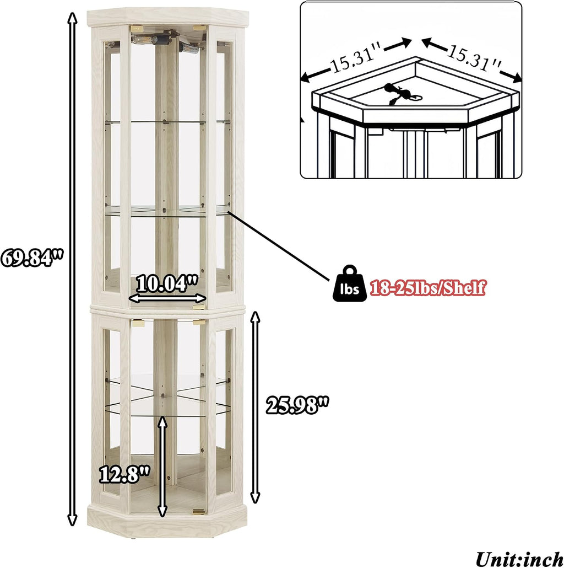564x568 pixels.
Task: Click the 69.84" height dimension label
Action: pyautogui.click(x=32, y=258)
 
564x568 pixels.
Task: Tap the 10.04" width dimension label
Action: pyautogui.click(x=167, y=283)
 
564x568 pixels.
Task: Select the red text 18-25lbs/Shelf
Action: pyautogui.click(x=427, y=288)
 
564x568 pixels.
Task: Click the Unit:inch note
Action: pyautogui.click(x=519, y=558)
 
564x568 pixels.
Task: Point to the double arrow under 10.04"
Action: pyautogui.click(x=167, y=298)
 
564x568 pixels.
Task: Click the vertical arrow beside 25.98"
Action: pyautogui.click(x=256, y=408)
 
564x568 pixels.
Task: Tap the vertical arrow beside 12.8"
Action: pyautogui.click(x=162, y=467)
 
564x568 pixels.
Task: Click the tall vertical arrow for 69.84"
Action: pyautogui.click(x=73, y=269)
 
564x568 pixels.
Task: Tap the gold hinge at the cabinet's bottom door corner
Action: pyautogui.click(x=199, y=511)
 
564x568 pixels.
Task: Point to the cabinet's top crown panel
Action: pyautogui.click(x=168, y=18)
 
